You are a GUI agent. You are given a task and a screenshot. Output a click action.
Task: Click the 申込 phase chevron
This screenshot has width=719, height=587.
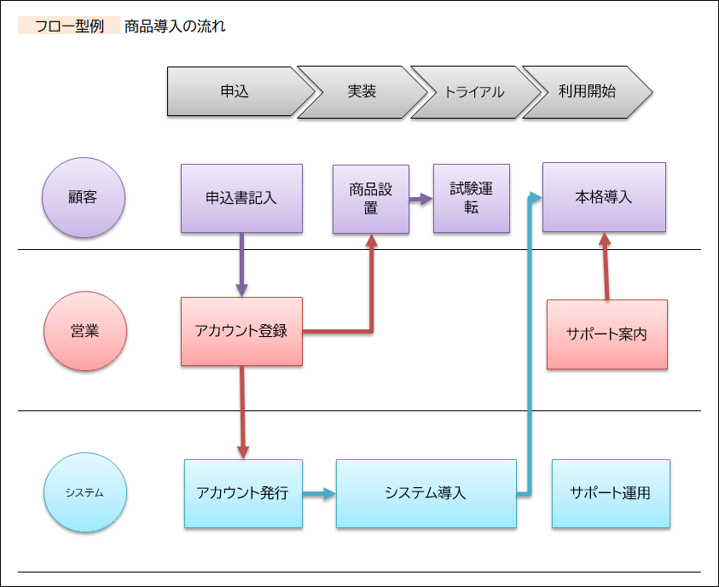[x=235, y=91]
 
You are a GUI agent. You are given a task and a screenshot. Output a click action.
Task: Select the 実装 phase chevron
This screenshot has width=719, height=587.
[x=362, y=91]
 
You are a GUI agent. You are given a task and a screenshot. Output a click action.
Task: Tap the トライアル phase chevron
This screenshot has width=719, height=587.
[x=474, y=91]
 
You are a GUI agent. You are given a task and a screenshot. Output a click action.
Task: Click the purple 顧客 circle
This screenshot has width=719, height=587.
[x=84, y=198]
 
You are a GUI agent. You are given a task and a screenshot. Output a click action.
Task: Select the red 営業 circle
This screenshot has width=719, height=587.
[x=84, y=331]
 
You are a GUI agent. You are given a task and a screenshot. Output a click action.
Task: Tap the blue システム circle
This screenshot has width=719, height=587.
[x=84, y=492]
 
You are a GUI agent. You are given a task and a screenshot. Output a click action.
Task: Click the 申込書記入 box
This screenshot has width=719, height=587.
[x=241, y=198]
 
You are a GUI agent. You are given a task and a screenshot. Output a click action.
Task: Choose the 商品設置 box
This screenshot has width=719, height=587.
[x=370, y=199]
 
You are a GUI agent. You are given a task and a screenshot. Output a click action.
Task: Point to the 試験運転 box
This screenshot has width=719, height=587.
[x=471, y=198]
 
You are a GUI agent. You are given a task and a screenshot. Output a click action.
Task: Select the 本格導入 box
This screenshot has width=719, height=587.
[x=604, y=197]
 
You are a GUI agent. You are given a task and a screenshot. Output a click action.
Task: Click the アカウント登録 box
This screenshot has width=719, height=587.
[x=241, y=331]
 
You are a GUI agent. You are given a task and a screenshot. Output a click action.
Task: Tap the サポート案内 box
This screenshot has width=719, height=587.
[x=606, y=334]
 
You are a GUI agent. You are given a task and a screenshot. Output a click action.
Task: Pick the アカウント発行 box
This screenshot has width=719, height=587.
[x=243, y=493]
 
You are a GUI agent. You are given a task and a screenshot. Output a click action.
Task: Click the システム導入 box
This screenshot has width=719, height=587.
[x=426, y=493]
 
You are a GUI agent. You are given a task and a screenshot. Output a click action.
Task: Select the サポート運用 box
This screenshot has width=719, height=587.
[x=611, y=493]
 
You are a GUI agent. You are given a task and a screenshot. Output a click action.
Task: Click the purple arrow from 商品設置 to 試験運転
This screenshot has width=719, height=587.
[x=420, y=199]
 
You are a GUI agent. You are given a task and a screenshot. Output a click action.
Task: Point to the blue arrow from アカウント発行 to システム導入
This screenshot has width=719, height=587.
[x=319, y=493]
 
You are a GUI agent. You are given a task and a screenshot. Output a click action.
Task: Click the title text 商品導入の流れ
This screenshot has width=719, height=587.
[x=175, y=26]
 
